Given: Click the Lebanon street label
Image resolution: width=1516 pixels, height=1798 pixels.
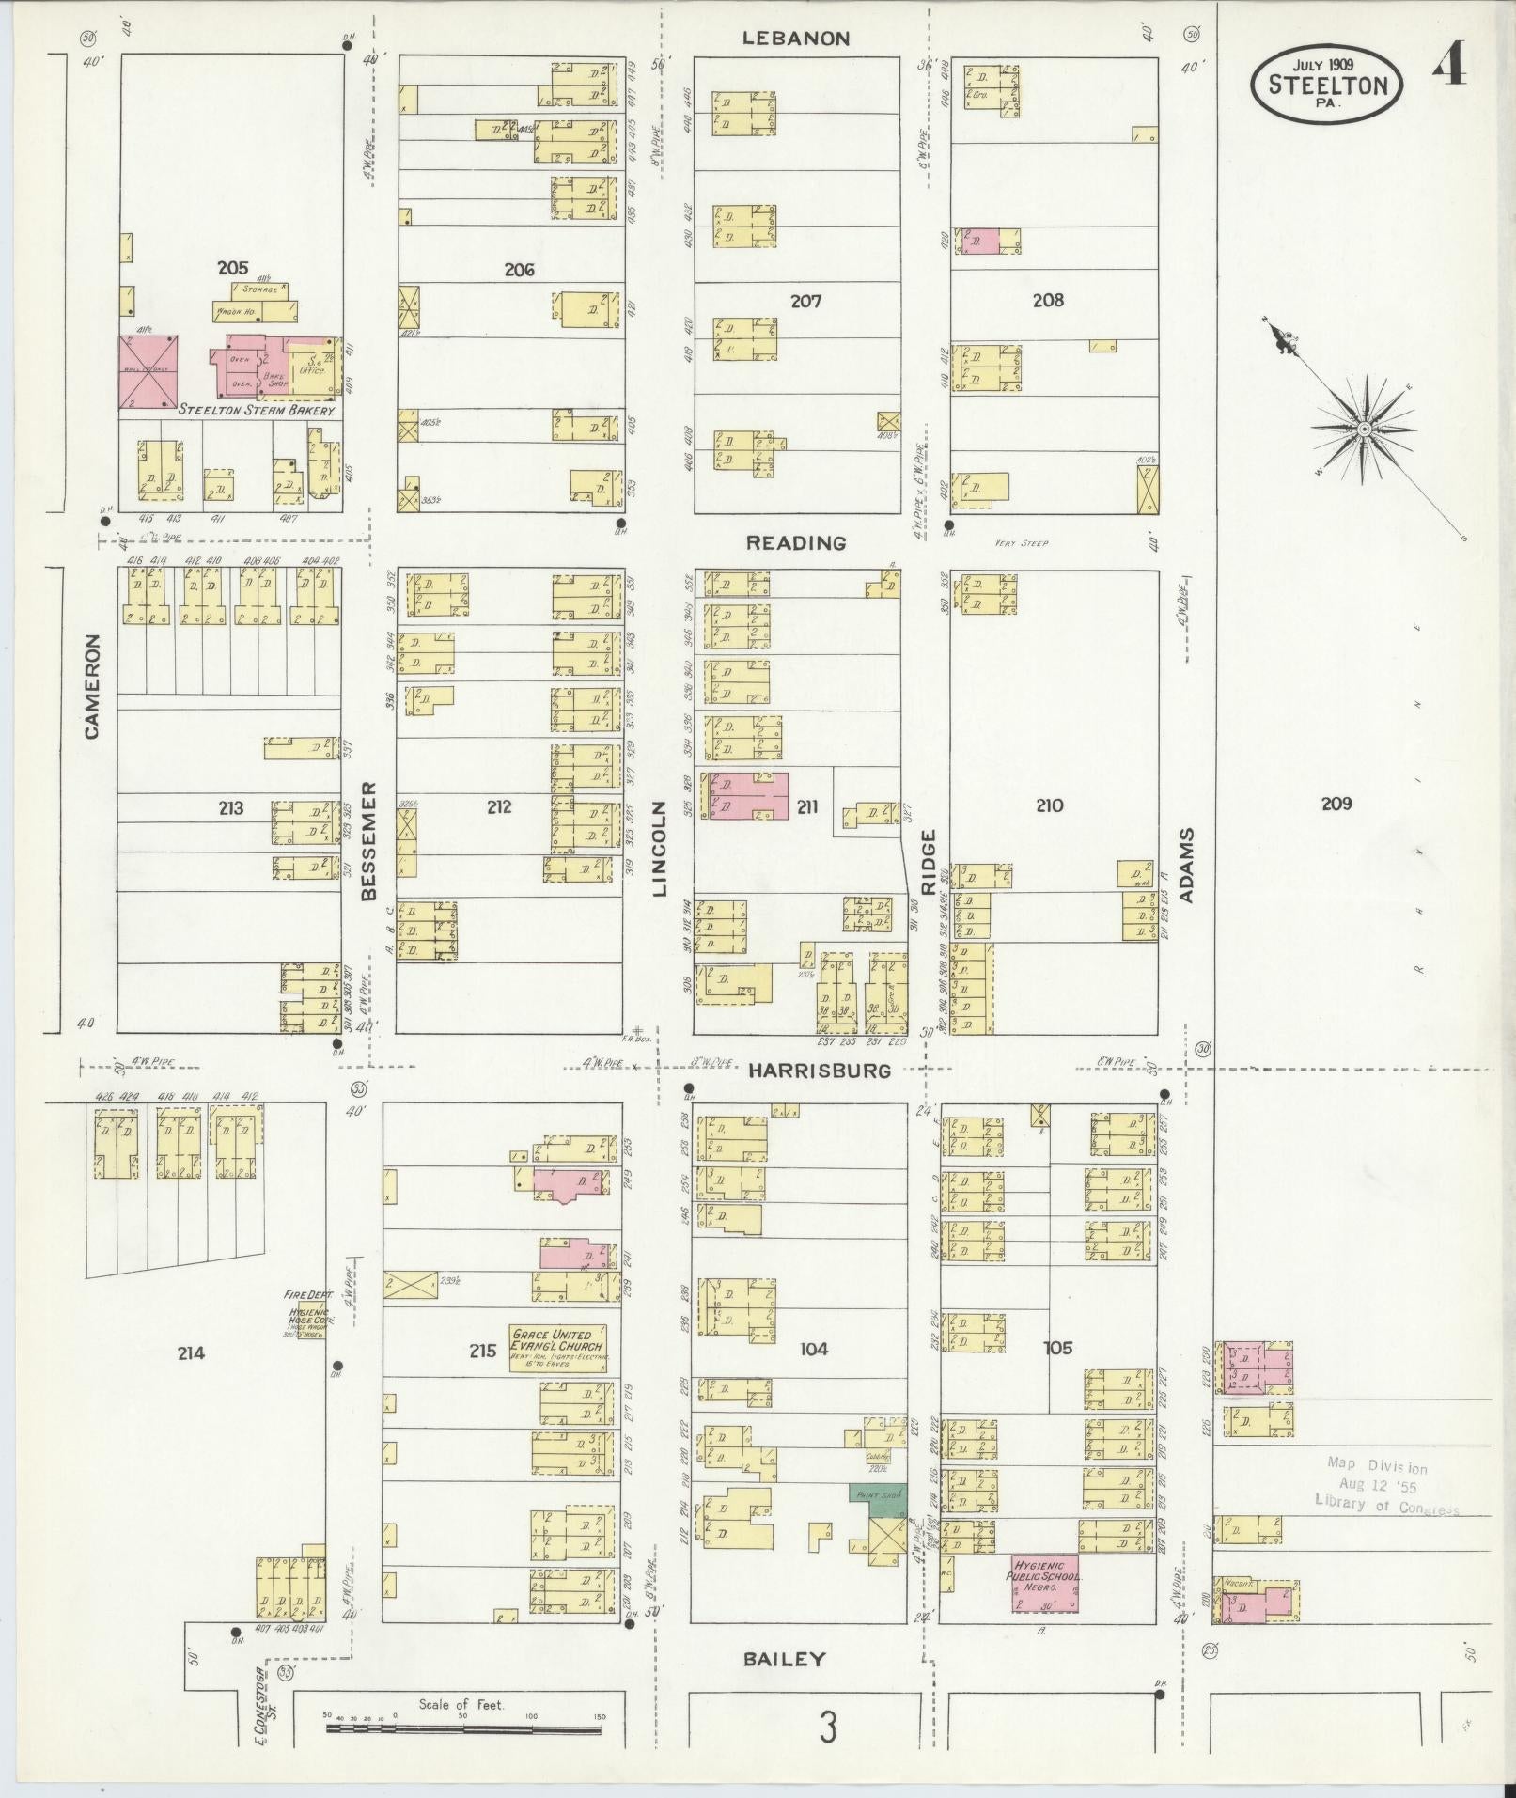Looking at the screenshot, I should click(x=795, y=39).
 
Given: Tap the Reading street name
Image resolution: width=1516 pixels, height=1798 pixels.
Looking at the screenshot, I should click(x=796, y=543).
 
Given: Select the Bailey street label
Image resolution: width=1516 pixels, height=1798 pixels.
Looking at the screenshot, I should click(x=784, y=1660).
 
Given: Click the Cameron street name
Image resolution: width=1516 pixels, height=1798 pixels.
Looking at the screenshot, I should click(x=92, y=685).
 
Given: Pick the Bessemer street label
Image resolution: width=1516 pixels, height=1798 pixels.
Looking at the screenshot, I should click(x=368, y=840).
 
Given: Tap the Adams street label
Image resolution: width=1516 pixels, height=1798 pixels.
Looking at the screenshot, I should click(x=1185, y=865).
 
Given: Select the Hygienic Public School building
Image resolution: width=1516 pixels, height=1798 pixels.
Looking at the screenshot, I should click(x=1045, y=1582).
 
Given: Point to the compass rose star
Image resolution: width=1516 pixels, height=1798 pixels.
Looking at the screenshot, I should click(x=1362, y=430).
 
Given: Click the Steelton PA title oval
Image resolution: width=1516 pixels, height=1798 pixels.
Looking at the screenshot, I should click(x=1327, y=84).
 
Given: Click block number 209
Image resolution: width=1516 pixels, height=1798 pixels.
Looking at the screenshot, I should click(x=1336, y=804).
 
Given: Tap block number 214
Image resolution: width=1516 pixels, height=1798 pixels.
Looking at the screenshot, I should click(x=190, y=1352).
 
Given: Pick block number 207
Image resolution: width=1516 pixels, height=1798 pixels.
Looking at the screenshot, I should click(x=805, y=301).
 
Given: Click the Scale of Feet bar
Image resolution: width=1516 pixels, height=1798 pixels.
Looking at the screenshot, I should click(x=464, y=1727).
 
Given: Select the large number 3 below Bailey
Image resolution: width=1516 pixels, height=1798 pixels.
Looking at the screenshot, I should click(x=827, y=1728).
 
